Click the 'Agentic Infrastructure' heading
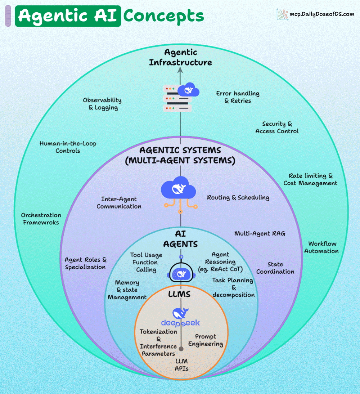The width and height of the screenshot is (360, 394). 180,58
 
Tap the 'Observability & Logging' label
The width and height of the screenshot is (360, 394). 102,104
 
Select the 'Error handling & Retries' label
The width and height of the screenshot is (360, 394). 238,97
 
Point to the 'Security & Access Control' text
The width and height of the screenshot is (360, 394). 277,127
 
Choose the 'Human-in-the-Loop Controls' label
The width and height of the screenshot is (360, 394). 68,147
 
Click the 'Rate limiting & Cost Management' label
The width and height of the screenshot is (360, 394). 310,179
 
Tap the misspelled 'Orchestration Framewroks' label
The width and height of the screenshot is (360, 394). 41,219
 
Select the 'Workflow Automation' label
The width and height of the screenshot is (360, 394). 321,247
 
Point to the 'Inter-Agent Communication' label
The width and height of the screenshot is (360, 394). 119,203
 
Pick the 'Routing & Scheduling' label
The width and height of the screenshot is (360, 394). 238,197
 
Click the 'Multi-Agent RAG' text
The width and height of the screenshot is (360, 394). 260,233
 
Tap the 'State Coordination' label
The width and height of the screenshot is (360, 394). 275,268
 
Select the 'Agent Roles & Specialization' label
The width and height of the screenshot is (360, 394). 85,263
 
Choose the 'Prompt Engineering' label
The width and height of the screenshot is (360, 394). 206,340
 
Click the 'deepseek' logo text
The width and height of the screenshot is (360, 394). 180,323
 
